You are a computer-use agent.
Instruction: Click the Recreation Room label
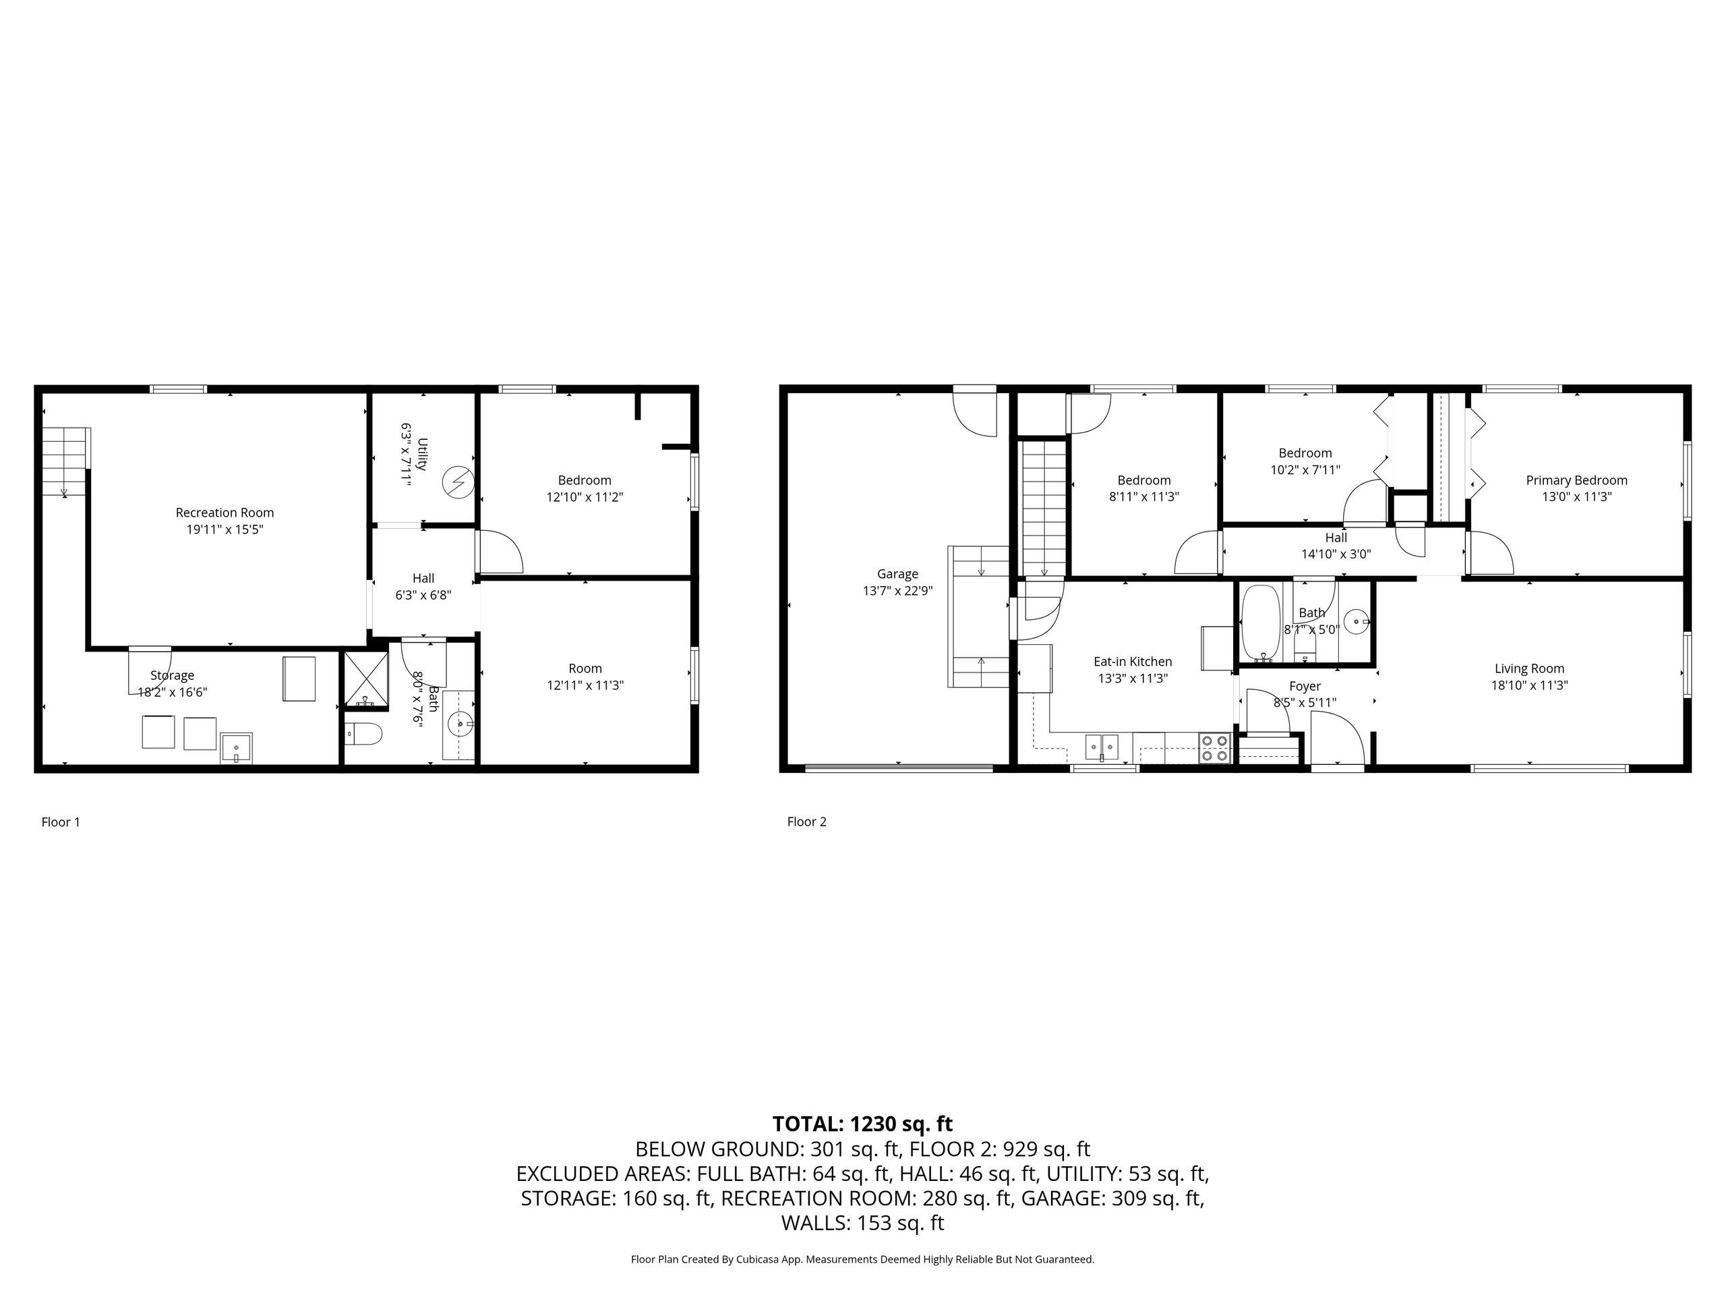[225, 513]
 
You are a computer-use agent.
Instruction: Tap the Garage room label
[897, 574]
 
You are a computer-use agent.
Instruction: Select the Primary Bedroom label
[1577, 480]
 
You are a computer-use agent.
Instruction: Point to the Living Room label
[1529, 668]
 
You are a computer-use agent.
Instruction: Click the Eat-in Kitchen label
[1133, 661]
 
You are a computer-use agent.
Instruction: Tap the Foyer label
[1305, 686]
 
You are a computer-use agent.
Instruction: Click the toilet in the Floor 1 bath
[363, 734]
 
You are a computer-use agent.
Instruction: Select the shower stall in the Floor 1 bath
[366, 680]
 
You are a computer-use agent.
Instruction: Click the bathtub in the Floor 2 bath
[1259, 624]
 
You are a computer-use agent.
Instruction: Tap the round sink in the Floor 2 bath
[1358, 622]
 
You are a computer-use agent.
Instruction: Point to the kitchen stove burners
[1214, 747]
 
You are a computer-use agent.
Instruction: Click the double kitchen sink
[1102, 747]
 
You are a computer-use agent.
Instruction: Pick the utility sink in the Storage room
[237, 748]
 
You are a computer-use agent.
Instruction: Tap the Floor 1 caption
[61, 822]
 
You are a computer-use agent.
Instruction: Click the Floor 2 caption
[807, 822]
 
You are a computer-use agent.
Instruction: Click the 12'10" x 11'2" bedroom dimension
[585, 496]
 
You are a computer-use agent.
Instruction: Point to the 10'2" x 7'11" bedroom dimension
[1305, 469]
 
